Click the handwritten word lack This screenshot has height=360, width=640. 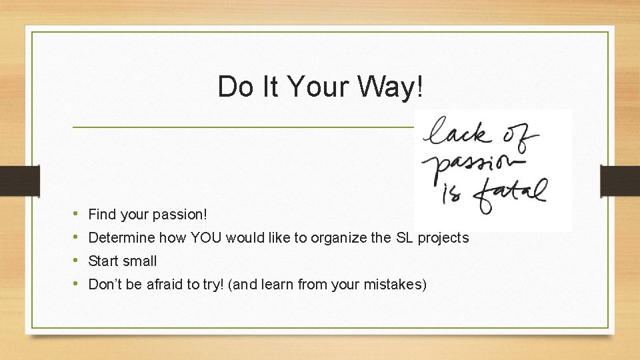(459, 133)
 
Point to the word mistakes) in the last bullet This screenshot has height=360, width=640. (395, 285)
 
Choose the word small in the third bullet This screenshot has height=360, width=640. (141, 261)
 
